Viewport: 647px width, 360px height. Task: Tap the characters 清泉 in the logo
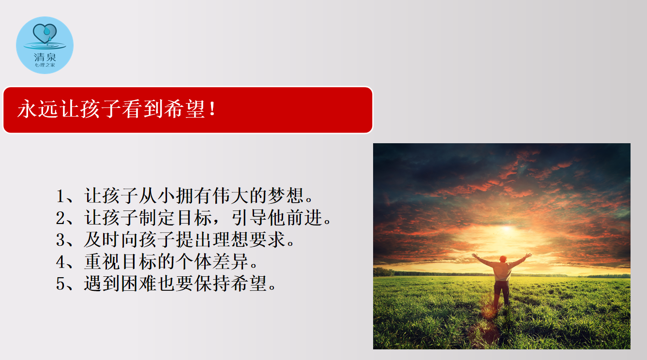point(45,57)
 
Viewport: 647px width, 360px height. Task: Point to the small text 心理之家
point(45,65)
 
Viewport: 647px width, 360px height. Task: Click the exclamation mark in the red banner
point(213,109)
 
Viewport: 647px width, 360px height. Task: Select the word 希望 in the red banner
point(184,109)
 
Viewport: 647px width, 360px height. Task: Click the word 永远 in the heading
point(38,109)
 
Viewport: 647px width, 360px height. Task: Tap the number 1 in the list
point(60,196)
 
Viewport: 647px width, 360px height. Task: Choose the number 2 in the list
point(60,218)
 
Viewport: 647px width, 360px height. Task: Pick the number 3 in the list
point(60,240)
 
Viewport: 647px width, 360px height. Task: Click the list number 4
point(60,262)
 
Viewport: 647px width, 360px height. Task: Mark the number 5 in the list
point(60,284)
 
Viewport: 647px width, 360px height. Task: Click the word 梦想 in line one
point(286,195)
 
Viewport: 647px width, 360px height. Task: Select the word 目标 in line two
point(194,218)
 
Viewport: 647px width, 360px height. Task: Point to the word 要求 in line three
point(268,240)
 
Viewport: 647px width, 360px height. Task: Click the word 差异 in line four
point(231,261)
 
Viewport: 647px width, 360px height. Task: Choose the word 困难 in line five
point(139,284)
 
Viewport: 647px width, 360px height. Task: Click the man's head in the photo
point(503,259)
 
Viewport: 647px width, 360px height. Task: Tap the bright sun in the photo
point(507,229)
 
